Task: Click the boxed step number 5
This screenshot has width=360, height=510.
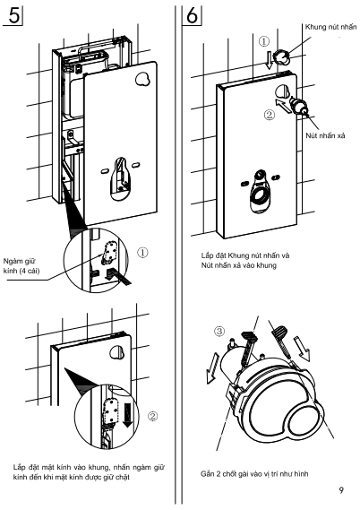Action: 13,15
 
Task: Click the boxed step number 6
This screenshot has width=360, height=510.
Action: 192,15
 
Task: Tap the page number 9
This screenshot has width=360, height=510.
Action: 341,490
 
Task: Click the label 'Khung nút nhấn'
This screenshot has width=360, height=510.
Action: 330,27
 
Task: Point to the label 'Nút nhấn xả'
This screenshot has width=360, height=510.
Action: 325,135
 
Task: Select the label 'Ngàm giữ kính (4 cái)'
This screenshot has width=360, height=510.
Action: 21,265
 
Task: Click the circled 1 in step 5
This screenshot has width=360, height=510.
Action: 142,253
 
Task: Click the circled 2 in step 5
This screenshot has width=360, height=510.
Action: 152,416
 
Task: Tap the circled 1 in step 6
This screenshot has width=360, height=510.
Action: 264,41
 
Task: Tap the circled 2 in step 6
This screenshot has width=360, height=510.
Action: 270,115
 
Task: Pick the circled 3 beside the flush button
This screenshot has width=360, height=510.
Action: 219,331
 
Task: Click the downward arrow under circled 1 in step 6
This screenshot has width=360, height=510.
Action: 269,60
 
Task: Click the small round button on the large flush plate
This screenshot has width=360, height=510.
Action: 302,420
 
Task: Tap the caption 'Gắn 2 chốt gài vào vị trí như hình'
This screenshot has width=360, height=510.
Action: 254,474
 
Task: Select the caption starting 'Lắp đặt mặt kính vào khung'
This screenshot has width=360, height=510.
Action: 89,472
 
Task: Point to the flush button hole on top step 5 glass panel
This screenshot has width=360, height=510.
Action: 142,79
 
